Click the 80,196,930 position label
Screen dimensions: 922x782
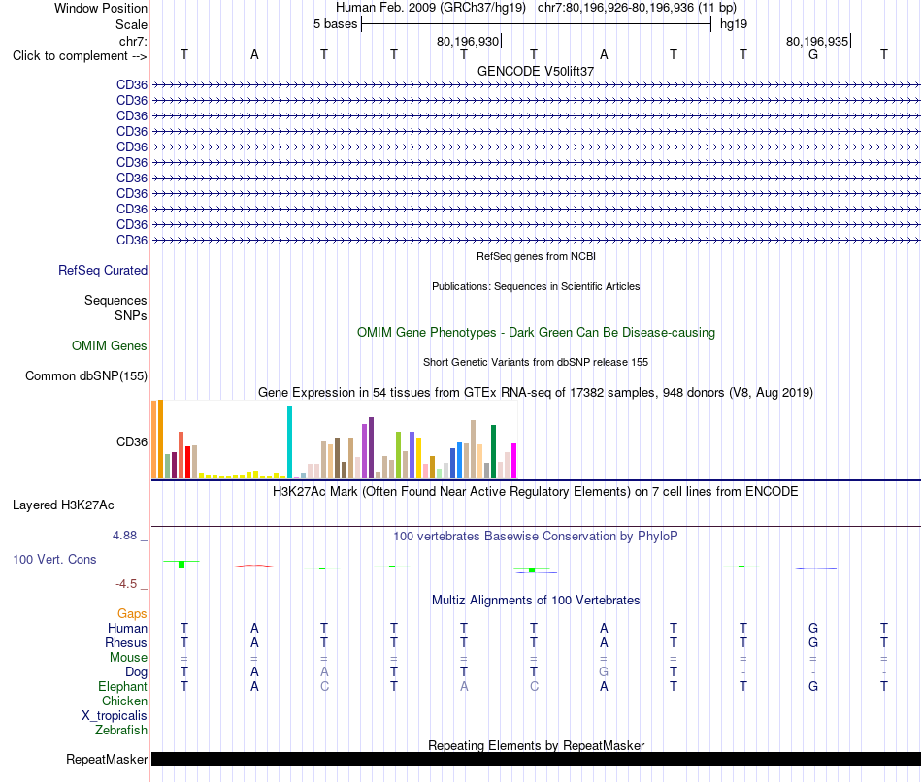tap(468, 41)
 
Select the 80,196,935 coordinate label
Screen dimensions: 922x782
tap(817, 41)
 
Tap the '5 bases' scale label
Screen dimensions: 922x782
tap(335, 24)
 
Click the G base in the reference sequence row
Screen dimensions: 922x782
tap(813, 54)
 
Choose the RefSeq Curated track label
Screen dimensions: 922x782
tap(103, 270)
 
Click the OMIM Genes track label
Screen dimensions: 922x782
tap(110, 345)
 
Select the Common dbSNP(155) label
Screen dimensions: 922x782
tap(86, 375)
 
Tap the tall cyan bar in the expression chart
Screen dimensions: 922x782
tap(289, 442)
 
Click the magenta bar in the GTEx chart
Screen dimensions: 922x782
tap(514, 461)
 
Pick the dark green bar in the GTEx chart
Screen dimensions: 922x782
tap(493, 451)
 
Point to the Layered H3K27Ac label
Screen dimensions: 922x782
tap(63, 505)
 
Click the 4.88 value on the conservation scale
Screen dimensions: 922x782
tap(124, 535)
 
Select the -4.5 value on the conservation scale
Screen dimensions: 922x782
tap(126, 584)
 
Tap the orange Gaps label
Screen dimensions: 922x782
tap(132, 613)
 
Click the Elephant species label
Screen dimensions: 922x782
tap(123, 686)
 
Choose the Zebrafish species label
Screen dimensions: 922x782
tap(121, 730)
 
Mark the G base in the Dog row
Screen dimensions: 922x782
tap(604, 671)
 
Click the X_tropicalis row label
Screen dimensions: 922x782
tap(115, 716)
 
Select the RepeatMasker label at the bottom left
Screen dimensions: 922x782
tap(107, 759)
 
